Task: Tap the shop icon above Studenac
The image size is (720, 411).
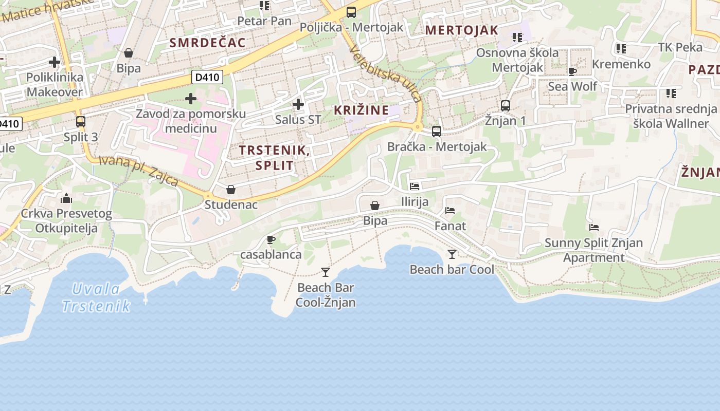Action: coord(231,189)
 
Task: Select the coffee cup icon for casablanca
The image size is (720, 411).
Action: coord(271,239)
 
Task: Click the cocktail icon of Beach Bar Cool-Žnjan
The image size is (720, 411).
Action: coord(325,272)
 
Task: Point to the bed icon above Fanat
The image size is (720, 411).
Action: coord(450,211)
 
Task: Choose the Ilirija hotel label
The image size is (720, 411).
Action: coord(415,201)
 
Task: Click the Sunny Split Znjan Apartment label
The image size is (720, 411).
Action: coord(593,250)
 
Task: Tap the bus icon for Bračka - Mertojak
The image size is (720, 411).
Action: coord(437,131)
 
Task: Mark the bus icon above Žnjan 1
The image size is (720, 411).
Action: coord(506,105)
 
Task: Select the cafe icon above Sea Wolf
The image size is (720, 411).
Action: coord(572,71)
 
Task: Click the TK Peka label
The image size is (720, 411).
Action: coord(680,47)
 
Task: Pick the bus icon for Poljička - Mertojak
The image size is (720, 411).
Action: coord(351,12)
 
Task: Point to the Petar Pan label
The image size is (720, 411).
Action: coord(264,21)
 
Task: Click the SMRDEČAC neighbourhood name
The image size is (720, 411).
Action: coord(208,43)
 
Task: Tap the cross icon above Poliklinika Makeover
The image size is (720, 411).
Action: coord(55,62)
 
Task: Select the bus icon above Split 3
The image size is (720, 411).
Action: coord(81,122)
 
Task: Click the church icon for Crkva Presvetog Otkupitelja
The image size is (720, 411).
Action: coord(66,198)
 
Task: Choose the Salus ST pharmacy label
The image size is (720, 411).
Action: coord(298,120)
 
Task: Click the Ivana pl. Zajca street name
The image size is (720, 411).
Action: coord(138,171)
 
